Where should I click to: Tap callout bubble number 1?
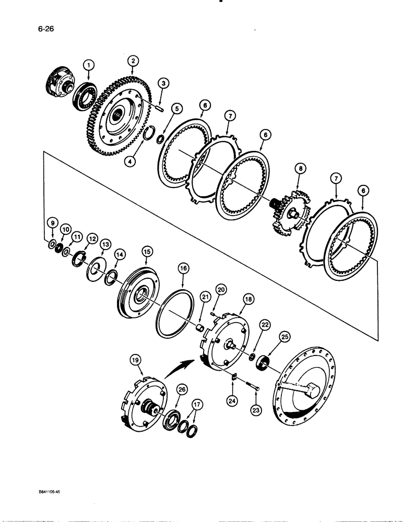tap(89, 65)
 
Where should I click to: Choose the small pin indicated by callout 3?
tap(158, 108)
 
